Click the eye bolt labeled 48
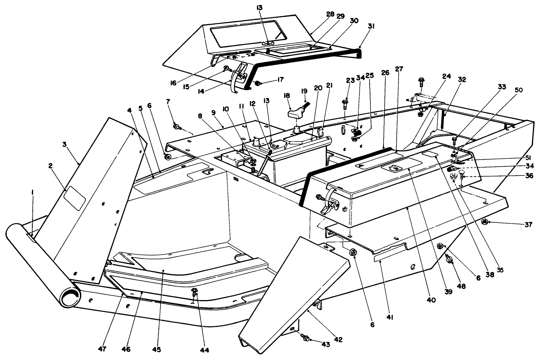point(449,259)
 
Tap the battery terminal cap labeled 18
point(296,114)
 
